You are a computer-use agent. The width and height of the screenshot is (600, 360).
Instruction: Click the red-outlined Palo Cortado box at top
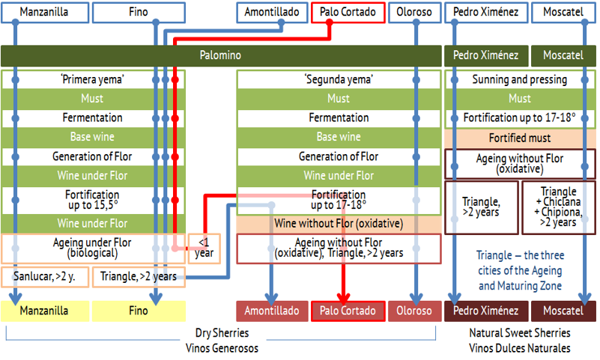click(348, 12)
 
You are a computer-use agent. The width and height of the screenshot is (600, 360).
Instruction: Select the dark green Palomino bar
click(221, 55)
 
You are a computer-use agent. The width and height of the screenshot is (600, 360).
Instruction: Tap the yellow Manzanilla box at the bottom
click(45, 311)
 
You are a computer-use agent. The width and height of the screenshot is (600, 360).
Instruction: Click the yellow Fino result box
click(139, 311)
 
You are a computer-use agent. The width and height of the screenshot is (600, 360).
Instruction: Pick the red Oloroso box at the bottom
click(414, 311)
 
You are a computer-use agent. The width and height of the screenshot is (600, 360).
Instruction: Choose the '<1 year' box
click(204, 248)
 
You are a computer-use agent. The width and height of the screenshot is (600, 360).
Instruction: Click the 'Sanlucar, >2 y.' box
click(45, 277)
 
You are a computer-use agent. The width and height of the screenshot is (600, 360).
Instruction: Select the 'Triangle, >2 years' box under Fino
click(139, 277)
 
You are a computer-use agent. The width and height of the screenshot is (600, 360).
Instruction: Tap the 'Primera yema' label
click(93, 79)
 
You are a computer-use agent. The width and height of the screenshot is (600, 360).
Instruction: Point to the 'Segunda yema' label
click(339, 79)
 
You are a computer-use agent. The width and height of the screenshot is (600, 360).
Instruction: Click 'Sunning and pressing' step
click(520, 79)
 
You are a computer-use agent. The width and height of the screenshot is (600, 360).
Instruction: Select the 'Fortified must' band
click(520, 138)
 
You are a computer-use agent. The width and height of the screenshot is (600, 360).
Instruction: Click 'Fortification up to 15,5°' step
click(93, 200)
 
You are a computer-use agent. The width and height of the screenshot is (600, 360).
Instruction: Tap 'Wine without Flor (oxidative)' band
click(339, 224)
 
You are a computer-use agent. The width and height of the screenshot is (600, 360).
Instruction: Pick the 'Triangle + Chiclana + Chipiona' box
click(559, 207)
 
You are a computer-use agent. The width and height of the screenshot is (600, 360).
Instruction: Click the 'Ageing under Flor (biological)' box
click(93, 248)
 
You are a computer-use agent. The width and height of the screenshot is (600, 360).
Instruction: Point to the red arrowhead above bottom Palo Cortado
click(344, 298)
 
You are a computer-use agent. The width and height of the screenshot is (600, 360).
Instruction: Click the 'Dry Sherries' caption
click(222, 333)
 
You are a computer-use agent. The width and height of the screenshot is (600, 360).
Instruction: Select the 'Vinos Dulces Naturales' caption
click(520, 348)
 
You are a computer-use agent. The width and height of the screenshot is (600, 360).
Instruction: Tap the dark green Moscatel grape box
click(563, 55)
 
